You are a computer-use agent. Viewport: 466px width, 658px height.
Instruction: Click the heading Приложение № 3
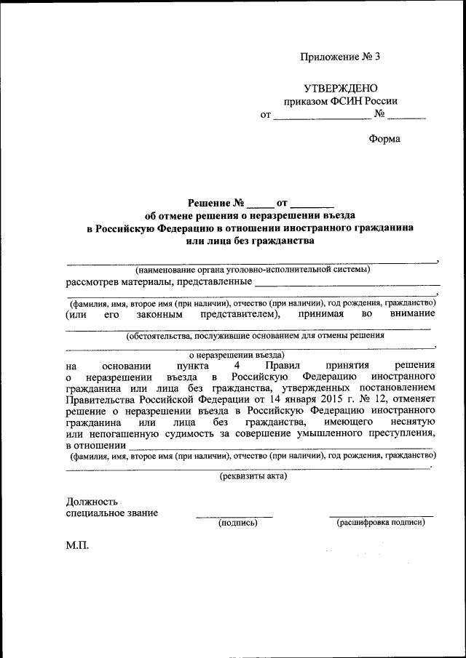(341, 57)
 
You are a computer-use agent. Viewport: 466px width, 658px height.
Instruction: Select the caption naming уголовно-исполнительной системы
(248, 270)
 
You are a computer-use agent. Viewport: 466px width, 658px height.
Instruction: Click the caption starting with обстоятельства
(255, 336)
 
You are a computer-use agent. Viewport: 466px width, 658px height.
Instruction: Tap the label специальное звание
(111, 513)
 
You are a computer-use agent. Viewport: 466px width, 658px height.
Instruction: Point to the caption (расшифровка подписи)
(380, 522)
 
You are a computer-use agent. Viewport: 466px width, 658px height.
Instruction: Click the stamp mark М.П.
(77, 545)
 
